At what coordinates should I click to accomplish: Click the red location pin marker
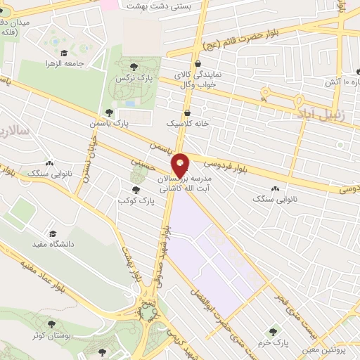point(181,165)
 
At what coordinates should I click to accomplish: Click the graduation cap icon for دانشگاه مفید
point(53,233)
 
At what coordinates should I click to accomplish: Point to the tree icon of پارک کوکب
point(136,190)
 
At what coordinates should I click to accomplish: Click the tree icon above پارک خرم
point(272,330)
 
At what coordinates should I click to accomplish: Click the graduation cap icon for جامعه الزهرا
point(64,53)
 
